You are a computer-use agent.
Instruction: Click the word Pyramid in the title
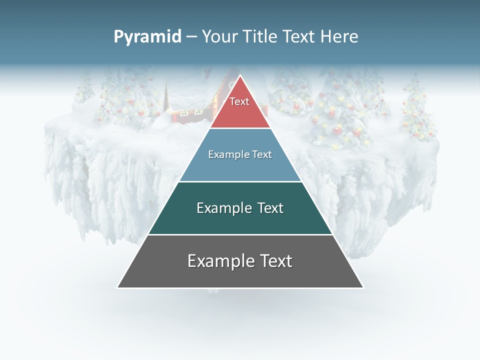coord(147,37)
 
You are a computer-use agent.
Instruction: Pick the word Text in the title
coord(299,37)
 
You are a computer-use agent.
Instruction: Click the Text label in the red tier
coord(239,101)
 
